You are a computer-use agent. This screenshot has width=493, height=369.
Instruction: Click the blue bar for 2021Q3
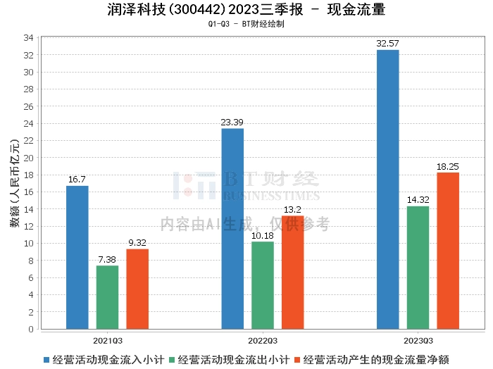[x=77, y=258]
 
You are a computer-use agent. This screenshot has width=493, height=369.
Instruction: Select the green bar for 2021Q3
[x=108, y=297]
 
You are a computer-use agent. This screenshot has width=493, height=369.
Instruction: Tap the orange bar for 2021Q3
[x=137, y=289]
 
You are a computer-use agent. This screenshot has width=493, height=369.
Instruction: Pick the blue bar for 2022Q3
[x=232, y=229]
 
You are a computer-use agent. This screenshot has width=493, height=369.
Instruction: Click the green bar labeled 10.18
[x=263, y=285]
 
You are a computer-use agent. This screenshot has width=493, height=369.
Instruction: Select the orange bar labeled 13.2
[x=293, y=273]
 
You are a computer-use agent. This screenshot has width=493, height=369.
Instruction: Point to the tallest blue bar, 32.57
[x=388, y=189]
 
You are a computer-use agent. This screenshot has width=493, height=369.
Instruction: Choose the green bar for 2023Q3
[x=418, y=268]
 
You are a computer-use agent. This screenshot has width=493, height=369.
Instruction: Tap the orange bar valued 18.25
[x=448, y=251]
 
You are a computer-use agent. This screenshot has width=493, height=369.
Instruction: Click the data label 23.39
[x=232, y=123]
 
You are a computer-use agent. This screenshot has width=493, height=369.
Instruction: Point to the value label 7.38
[x=107, y=260]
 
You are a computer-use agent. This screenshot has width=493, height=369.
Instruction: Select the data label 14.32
[x=418, y=200]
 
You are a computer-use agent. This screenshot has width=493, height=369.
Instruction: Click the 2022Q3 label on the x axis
[x=263, y=341]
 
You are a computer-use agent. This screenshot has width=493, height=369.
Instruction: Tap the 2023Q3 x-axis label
[x=418, y=341]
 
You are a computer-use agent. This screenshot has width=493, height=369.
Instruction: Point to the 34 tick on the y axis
[x=28, y=38]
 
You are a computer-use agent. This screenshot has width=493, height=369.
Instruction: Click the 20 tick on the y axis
[x=28, y=158]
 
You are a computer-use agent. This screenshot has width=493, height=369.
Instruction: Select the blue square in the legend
[x=46, y=360]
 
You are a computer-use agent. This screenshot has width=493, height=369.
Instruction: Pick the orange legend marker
[x=297, y=360]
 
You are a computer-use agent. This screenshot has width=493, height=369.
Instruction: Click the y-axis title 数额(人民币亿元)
[x=15, y=183]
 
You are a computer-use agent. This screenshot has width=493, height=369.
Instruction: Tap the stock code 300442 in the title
[x=196, y=10]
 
